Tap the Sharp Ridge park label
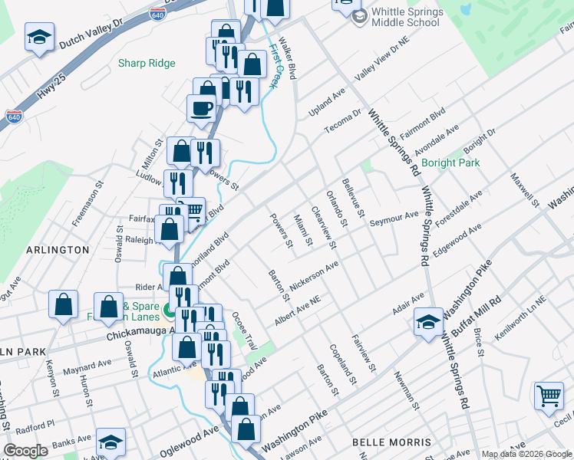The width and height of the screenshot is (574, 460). tap(147, 64)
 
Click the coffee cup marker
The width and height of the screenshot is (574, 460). tap(202, 108)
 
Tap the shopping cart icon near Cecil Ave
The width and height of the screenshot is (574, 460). tap(549, 396)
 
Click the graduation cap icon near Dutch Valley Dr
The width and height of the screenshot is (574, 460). tap(38, 38)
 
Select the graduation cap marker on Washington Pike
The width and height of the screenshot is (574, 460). tap(428, 322)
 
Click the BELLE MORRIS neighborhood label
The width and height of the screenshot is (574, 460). tap(391, 442)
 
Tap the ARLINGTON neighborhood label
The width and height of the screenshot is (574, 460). tap(58, 250)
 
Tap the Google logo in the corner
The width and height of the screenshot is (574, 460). tap(26, 451)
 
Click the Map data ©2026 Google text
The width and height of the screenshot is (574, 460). tap(526, 454)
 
